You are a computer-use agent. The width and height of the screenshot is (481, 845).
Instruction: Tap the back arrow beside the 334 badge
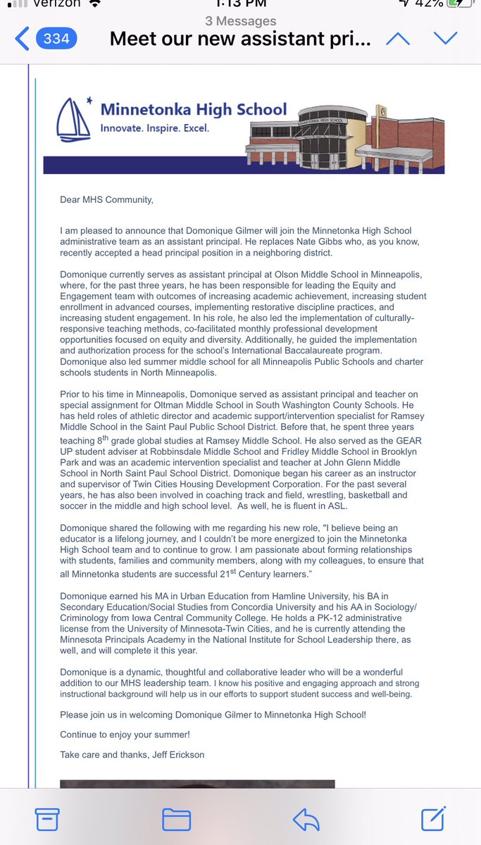tap(22, 39)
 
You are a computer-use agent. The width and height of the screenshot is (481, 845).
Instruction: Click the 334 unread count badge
tap(56, 39)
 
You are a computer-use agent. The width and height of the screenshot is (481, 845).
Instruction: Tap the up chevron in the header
tap(398, 39)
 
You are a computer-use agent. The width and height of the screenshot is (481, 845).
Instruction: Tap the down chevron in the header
tap(445, 39)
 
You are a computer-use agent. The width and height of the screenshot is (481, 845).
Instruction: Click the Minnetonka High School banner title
tap(194, 109)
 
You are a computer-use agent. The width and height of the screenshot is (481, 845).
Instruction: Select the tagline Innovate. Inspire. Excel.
tap(155, 129)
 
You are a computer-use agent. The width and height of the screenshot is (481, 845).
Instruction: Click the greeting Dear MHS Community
tap(106, 199)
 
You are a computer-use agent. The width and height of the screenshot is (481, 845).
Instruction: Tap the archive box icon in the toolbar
tap(46, 819)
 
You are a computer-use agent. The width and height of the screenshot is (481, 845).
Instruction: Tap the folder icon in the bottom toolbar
tap(176, 819)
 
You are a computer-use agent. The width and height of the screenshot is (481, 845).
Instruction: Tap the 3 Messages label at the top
tap(240, 21)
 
